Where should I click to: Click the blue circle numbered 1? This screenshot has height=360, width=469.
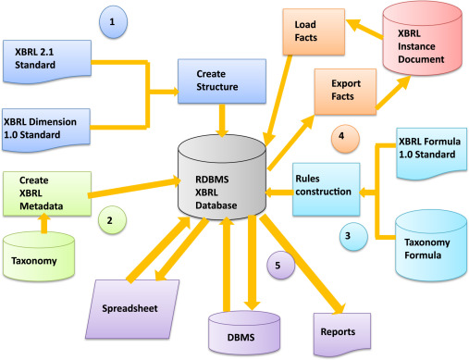point(113,22)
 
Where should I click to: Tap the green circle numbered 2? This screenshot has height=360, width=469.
point(112,220)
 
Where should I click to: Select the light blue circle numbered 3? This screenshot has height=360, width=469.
point(353,236)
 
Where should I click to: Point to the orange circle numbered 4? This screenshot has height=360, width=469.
point(345,139)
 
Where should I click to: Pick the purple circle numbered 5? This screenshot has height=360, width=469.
point(281,265)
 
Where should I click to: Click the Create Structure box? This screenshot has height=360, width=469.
point(222,81)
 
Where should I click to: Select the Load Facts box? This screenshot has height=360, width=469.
point(314,31)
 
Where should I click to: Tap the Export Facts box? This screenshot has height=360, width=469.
point(345,92)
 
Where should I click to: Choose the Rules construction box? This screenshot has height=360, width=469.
point(327,189)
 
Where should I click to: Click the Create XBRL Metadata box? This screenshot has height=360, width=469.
point(47,193)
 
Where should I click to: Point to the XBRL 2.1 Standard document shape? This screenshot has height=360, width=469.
point(47,61)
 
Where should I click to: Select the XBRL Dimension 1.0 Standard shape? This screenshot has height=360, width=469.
point(46,130)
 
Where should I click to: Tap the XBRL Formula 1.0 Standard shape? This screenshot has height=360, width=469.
point(432,154)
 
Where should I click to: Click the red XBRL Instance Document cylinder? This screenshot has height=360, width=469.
point(423,39)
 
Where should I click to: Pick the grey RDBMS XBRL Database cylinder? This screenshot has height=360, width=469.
point(222,177)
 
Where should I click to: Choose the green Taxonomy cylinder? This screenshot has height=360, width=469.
point(39,256)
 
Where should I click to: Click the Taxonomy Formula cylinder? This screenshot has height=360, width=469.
point(431,245)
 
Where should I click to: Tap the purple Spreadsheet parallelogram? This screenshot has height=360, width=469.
point(132,309)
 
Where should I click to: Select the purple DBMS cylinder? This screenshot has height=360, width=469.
point(244,332)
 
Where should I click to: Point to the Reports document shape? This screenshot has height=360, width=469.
point(342,334)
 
